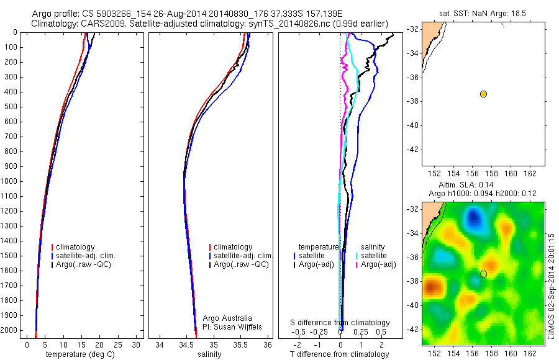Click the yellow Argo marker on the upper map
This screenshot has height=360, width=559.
[x=483, y=94]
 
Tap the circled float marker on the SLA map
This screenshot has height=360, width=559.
[x=483, y=274]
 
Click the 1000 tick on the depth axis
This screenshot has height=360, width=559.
[x=11, y=181]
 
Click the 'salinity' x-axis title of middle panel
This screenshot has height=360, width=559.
[x=209, y=354]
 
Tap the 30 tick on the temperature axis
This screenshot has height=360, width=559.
[x=136, y=344]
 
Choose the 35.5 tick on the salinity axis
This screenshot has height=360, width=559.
[x=241, y=344]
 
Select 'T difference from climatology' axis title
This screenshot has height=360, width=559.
[x=339, y=354]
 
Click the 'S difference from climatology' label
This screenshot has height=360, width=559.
[x=340, y=323]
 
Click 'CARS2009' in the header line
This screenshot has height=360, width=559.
[x=98, y=24]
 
